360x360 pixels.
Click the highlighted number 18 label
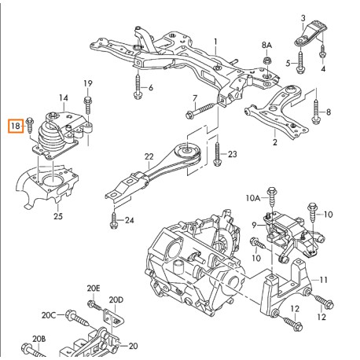coord(15,124)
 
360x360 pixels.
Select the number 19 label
coord(88,83)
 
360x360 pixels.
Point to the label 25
coord(57,215)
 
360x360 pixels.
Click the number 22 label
coord(149,157)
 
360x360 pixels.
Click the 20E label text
coord(94,288)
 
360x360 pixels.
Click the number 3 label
coord(303,17)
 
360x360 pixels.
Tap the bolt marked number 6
coord(138,84)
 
